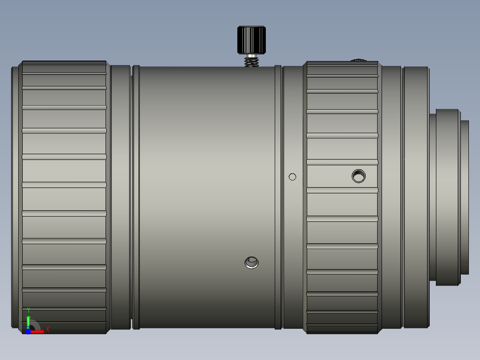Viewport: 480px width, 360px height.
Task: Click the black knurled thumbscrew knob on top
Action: [x=252, y=40]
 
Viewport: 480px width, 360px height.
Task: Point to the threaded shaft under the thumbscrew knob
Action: [x=252, y=61]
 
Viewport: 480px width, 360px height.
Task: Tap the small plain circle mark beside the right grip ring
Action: [x=293, y=177]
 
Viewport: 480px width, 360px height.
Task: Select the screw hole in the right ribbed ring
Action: [x=358, y=176]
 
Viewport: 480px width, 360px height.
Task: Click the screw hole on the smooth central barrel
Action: [x=252, y=262]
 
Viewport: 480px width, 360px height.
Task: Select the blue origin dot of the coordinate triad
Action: [x=28, y=331]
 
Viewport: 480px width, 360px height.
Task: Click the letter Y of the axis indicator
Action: [x=28, y=310]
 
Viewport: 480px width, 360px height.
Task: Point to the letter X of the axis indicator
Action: [x=47, y=330]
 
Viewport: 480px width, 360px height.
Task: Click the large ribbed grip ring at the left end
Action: [x=64, y=196]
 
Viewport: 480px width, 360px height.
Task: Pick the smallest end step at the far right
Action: [x=464, y=196]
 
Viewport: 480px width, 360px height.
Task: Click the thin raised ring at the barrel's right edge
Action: [x=278, y=196]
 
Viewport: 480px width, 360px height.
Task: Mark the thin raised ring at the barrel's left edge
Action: [x=136, y=196]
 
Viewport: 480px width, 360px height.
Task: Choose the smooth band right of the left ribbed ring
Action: [x=120, y=196]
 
